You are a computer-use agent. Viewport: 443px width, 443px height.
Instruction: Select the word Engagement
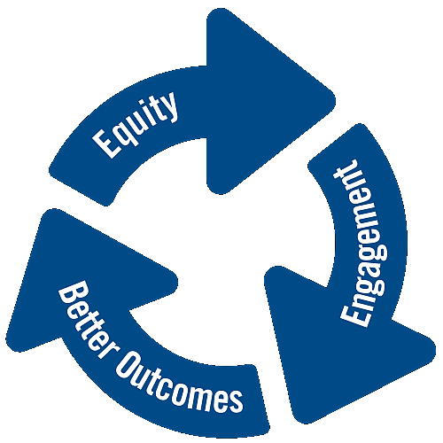click(x=364, y=243)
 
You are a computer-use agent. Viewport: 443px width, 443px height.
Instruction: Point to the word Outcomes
click(x=180, y=384)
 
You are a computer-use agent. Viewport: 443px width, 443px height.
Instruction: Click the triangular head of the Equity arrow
click(x=260, y=100)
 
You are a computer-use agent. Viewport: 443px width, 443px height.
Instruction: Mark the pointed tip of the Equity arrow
click(x=334, y=100)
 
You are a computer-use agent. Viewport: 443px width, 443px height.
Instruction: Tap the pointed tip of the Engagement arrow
click(x=303, y=421)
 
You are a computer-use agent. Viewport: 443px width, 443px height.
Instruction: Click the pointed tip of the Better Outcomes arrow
click(x=51, y=211)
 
